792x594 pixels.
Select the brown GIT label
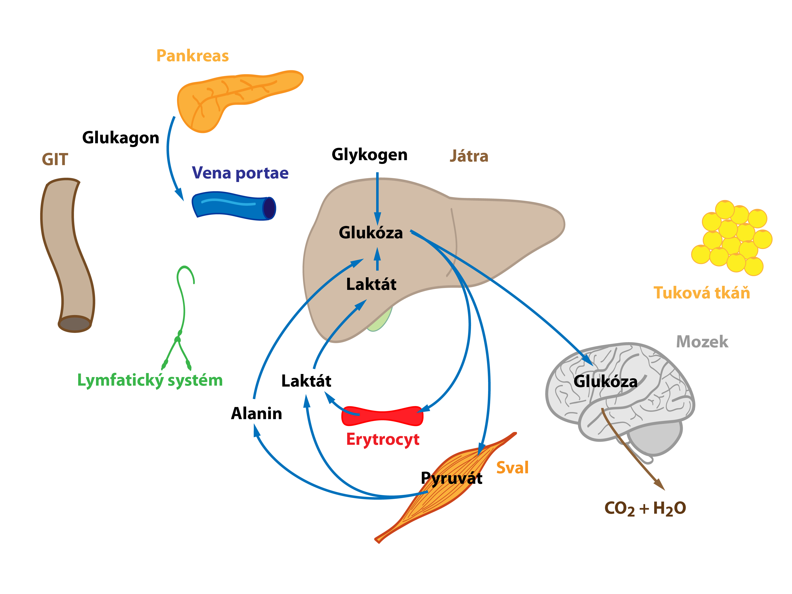(x=55, y=159)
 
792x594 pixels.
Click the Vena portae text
(x=240, y=173)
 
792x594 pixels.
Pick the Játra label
(x=469, y=156)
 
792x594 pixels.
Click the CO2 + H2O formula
(x=645, y=508)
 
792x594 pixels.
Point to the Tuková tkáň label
(x=702, y=292)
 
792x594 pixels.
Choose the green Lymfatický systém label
(x=150, y=380)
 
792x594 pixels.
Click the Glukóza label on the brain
(x=605, y=381)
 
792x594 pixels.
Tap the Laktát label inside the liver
(x=371, y=284)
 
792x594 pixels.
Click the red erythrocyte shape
(x=382, y=416)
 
